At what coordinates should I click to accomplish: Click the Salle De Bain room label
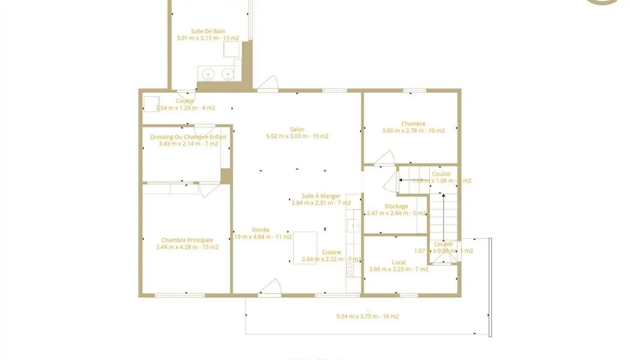[x=207, y=31]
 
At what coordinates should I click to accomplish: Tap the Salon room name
[x=297, y=130]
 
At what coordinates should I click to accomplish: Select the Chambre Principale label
[x=187, y=240]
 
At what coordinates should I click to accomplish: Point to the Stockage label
[x=396, y=207]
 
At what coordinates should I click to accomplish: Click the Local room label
[x=399, y=262]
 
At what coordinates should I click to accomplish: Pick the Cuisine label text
[x=331, y=252]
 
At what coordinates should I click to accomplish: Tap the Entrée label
[x=261, y=230]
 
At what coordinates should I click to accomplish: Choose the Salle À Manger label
[x=321, y=196]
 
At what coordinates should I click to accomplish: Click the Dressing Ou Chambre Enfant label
[x=188, y=137]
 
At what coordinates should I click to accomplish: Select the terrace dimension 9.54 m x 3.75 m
[x=367, y=316]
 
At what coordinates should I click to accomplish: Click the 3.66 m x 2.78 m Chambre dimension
[x=413, y=131]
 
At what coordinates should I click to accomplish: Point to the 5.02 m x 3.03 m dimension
[x=297, y=136]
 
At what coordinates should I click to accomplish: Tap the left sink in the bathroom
[x=208, y=74]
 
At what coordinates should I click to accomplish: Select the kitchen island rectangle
[x=305, y=247]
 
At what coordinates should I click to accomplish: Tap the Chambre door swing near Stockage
[x=386, y=158]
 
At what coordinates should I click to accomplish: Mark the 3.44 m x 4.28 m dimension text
[x=187, y=247]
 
